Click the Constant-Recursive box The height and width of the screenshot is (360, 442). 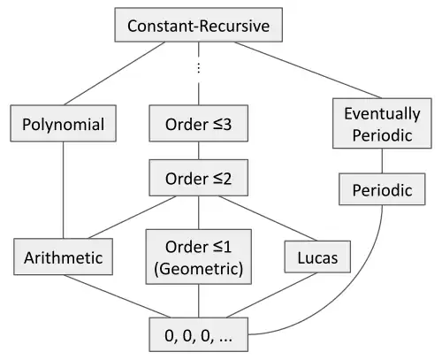(198, 25)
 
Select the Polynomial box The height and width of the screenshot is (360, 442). (63, 123)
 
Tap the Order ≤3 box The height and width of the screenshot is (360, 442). (198, 123)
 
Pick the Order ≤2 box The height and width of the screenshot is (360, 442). (198, 178)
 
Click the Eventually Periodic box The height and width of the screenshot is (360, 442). (382, 123)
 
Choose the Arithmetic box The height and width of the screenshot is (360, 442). (63, 257)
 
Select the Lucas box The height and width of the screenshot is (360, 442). (317, 257)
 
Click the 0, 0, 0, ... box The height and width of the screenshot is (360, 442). (198, 334)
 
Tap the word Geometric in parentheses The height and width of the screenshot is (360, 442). (199, 269)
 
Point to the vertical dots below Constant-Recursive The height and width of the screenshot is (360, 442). (199, 68)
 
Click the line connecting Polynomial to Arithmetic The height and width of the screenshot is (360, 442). (63, 190)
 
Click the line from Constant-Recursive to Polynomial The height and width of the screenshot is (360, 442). (114, 73)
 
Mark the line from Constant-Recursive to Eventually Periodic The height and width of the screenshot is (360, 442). (309, 70)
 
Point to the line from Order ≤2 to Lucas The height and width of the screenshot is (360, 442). (268, 218)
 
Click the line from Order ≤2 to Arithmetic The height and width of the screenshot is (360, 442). (132, 217)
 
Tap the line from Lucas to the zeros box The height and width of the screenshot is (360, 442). (271, 295)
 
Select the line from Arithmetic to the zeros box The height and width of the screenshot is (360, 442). (118, 296)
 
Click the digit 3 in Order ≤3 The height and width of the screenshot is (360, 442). (227, 124)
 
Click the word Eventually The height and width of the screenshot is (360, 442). (382, 114)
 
